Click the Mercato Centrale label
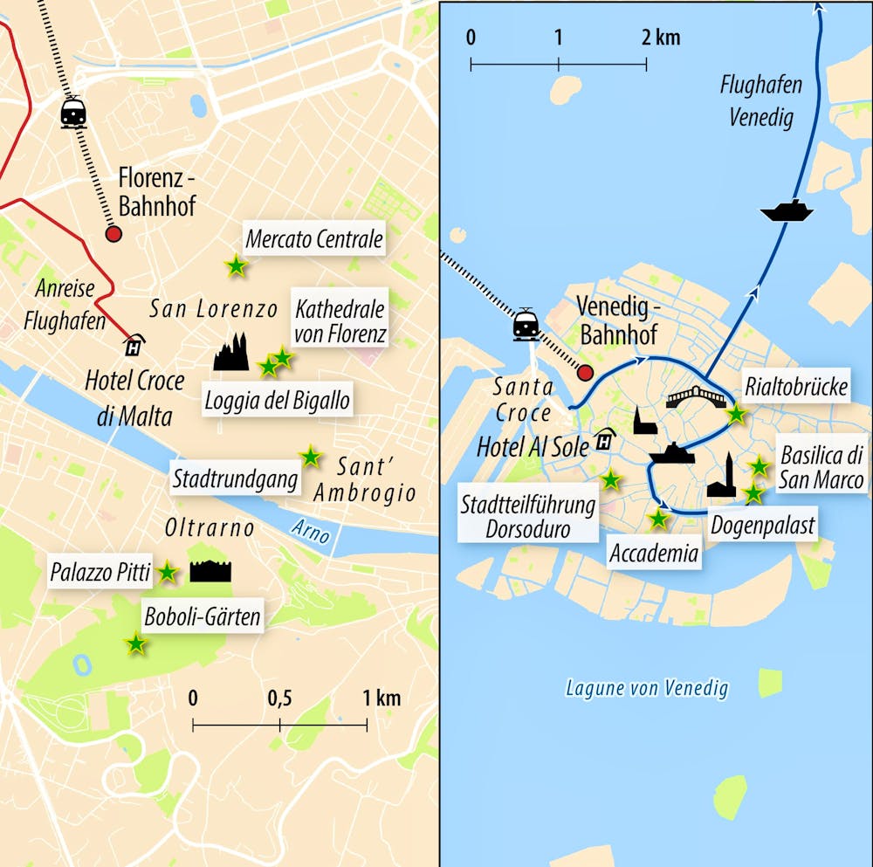tap(314, 239)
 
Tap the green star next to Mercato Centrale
tap(236, 265)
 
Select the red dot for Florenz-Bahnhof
tap(113, 234)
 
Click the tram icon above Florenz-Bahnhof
tap(73, 113)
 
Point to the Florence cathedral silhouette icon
tap(231, 352)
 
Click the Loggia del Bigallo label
tap(277, 400)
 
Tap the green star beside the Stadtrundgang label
tap(310, 456)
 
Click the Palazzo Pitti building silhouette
tap(210, 571)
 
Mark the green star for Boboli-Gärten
tap(135, 644)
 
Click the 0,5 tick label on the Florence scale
tap(279, 698)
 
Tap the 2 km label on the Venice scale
tap(659, 38)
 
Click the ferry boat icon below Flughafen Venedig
tap(787, 210)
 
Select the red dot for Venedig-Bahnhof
tap(586, 373)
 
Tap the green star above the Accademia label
tap(658, 519)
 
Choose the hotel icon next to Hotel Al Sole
tap(603, 441)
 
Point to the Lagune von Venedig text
tap(647, 689)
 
